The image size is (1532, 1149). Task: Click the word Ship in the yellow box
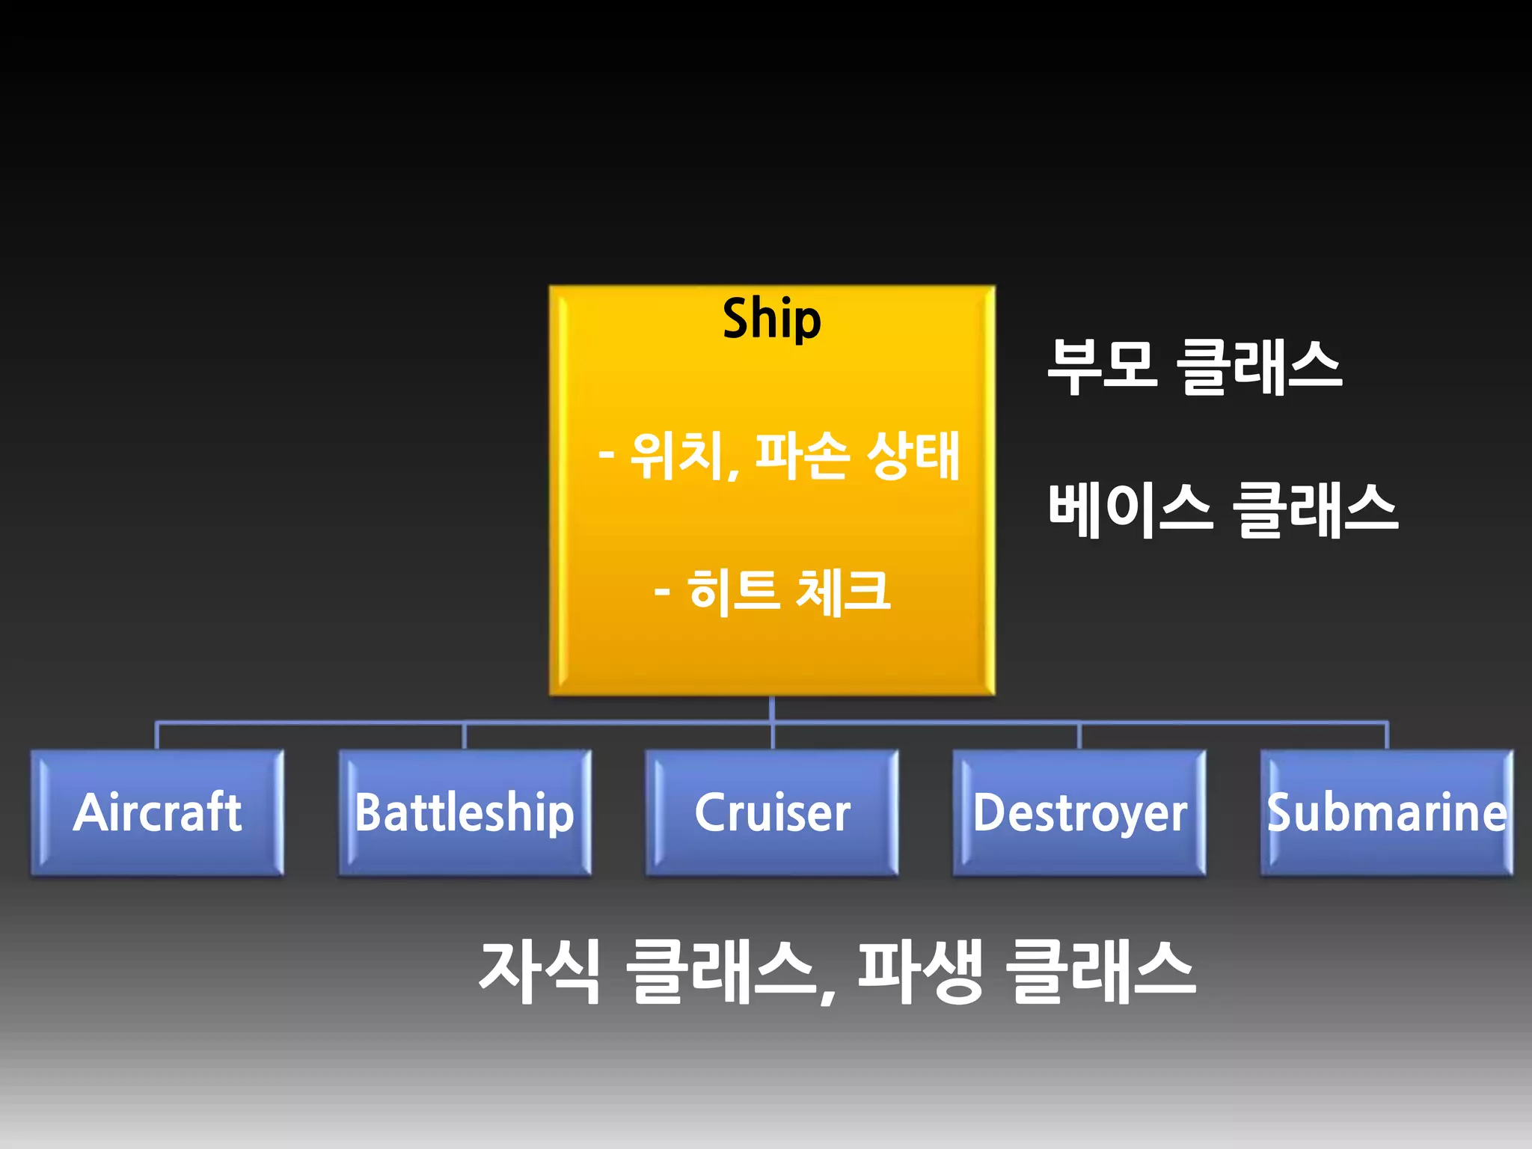point(771,319)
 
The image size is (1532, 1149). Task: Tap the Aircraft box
point(157,812)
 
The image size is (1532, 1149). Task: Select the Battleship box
point(465,812)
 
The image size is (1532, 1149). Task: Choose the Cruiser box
point(772,812)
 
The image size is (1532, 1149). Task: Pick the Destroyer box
point(1079,812)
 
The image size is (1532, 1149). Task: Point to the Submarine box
point(1387,812)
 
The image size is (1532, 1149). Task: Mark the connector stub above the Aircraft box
point(156,735)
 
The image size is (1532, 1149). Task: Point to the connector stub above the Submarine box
point(1387,735)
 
